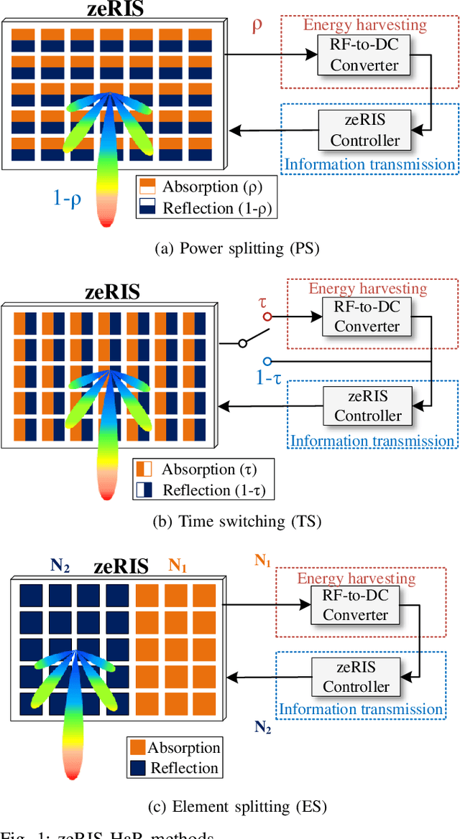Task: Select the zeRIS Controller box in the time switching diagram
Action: [x=367, y=406]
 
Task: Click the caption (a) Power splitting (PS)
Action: [x=236, y=248]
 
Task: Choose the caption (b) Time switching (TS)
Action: [x=236, y=520]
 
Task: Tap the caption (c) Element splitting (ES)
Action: [x=236, y=806]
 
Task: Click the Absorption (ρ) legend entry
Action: [x=200, y=187]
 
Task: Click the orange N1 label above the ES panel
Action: [x=178, y=566]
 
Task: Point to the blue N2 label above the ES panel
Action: [x=60, y=566]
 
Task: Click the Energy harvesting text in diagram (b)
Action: [x=367, y=289]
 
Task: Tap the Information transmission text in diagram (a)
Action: [x=369, y=164]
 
